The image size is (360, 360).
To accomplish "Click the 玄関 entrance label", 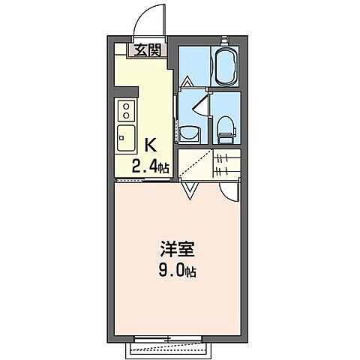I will [147, 50].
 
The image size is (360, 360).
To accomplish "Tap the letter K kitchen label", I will [150, 145].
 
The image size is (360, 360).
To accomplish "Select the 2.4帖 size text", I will [150, 166].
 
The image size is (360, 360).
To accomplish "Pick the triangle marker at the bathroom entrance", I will [186, 80].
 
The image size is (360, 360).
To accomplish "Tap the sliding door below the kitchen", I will [142, 180].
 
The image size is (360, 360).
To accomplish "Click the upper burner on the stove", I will [125, 106].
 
